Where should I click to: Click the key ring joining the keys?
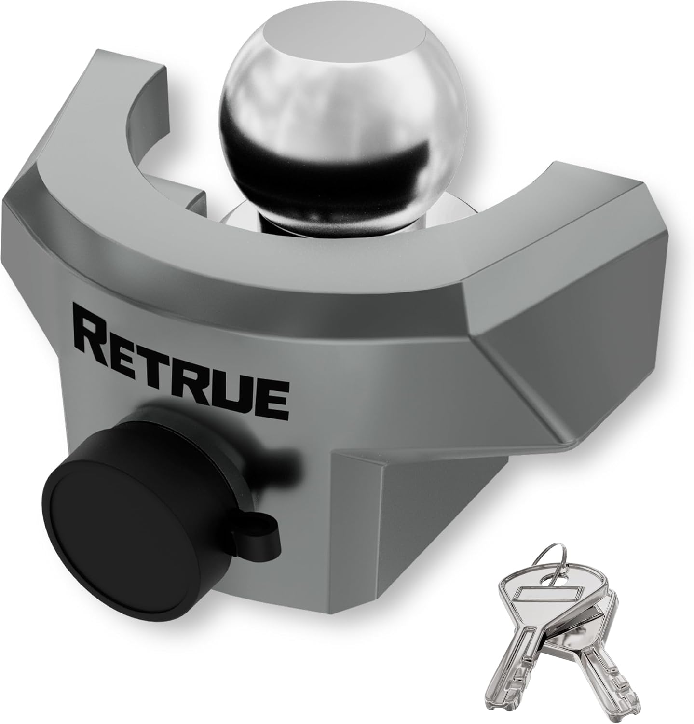click(x=555, y=567)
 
